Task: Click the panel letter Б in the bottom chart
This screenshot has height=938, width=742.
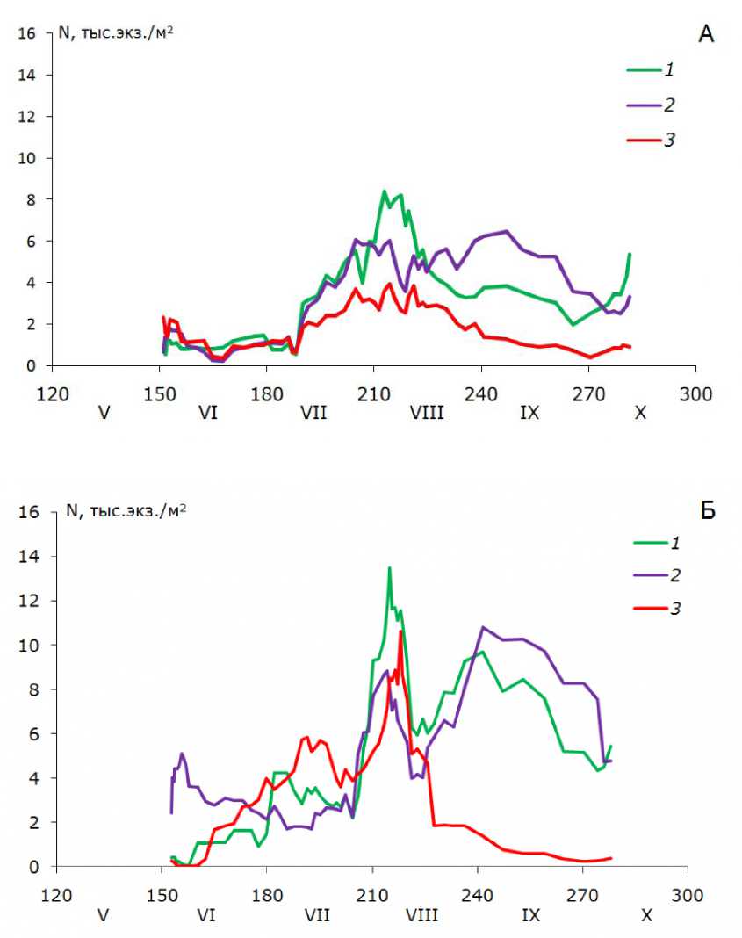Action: (707, 511)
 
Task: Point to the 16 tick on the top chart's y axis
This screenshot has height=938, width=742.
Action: (27, 34)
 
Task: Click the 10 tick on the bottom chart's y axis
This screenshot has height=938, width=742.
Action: (27, 645)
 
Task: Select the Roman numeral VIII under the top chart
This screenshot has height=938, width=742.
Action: (427, 411)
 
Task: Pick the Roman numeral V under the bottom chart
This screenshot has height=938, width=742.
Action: (103, 914)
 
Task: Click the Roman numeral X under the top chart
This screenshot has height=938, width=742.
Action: (640, 411)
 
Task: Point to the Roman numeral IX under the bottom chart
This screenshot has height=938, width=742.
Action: (531, 914)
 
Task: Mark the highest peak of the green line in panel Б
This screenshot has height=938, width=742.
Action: (389, 568)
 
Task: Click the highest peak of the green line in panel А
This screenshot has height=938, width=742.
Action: (384, 191)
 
